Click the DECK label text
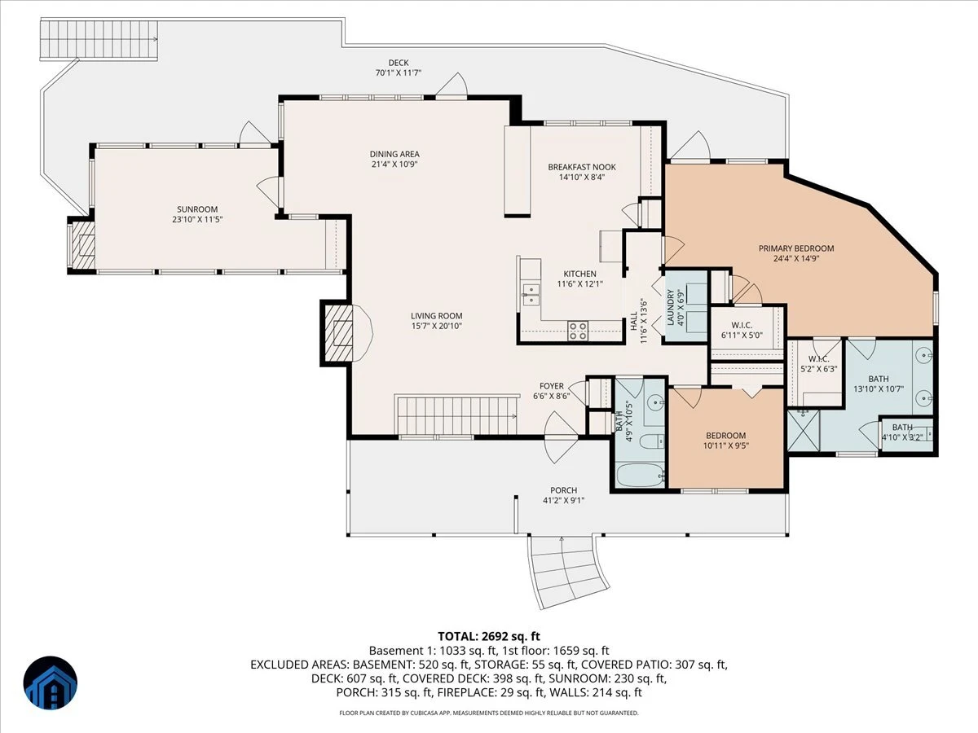click(399, 63)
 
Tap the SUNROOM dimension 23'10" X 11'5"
click(197, 219)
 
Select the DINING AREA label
click(394, 154)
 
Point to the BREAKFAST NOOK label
click(582, 167)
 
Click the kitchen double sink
click(531, 294)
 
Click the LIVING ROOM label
click(437, 316)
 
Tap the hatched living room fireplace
click(337, 332)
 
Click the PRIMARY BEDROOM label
click(796, 248)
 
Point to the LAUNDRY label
click(670, 308)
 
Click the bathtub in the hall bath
click(640, 476)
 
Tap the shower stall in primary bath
click(804, 431)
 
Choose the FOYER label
click(552, 386)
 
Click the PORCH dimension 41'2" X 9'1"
click(564, 500)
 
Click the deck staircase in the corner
click(99, 39)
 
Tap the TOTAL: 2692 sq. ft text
click(489, 636)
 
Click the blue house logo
click(51, 683)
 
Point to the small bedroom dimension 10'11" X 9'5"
click(726, 446)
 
